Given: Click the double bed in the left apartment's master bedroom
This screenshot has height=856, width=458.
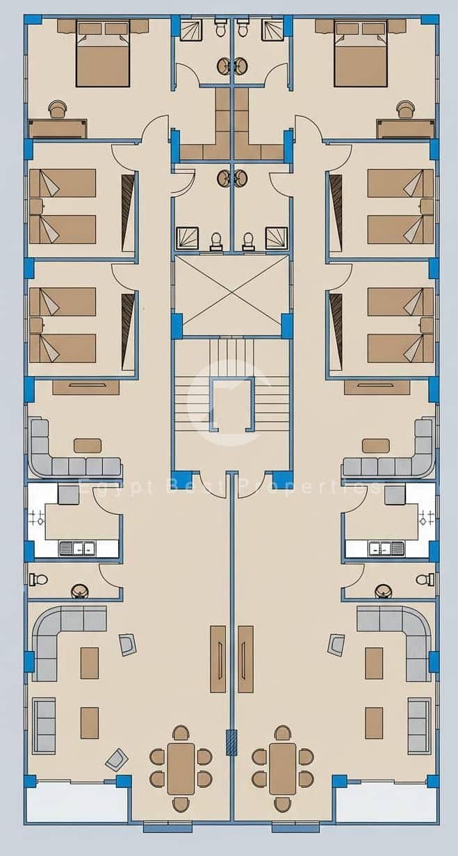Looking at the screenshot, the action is click(103, 54).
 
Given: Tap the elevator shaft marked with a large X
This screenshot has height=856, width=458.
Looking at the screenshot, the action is click(231, 295).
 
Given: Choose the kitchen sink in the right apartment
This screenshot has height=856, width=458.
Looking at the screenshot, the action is click(386, 549).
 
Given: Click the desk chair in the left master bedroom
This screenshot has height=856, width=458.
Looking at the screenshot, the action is click(58, 108).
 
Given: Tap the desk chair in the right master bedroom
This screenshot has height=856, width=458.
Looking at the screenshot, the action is click(405, 108).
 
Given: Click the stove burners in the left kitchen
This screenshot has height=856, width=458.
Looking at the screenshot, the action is click(38, 518).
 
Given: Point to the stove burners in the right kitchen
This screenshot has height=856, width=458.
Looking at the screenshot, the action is click(426, 518).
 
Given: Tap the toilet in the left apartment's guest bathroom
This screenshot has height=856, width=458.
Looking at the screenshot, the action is click(38, 579).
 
